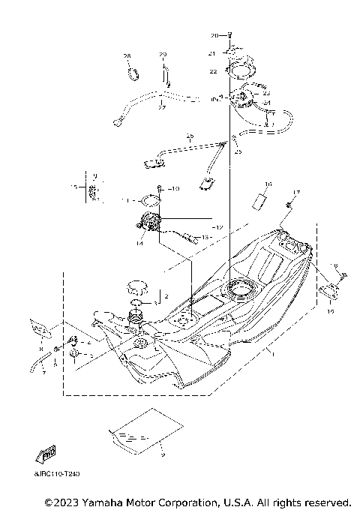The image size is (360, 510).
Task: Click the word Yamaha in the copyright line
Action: click(x=101, y=501)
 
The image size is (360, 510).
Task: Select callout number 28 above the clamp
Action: click(x=127, y=57)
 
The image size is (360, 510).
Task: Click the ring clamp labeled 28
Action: click(x=134, y=73)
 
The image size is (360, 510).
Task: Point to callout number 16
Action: click(x=268, y=183)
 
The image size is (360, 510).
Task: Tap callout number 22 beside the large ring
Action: click(x=213, y=71)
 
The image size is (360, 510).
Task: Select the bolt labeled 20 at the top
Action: click(x=229, y=36)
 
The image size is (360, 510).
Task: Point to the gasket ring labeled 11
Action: click(x=151, y=200)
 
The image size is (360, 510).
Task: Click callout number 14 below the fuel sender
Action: click(x=139, y=243)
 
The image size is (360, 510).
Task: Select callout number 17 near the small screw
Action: click(x=295, y=193)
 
